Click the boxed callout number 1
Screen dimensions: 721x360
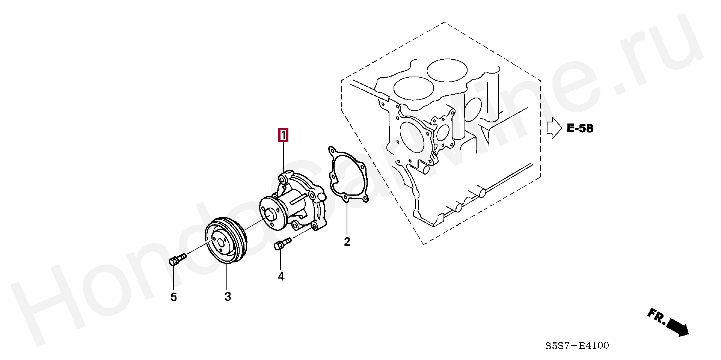point(283,135)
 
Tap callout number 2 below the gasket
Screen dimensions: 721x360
point(347,242)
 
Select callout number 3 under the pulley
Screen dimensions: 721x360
point(228,297)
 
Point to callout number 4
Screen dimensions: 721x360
point(281,277)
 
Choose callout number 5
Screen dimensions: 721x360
point(173,297)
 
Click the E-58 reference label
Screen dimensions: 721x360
point(580,128)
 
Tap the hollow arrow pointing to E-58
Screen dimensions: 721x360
point(554,128)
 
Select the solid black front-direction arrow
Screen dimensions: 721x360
point(678,327)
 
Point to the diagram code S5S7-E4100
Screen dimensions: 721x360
point(577,345)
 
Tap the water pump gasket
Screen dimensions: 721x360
point(347,174)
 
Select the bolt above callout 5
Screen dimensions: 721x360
point(178,259)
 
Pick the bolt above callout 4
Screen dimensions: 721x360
point(283,243)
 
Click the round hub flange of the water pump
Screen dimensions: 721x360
point(272,214)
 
